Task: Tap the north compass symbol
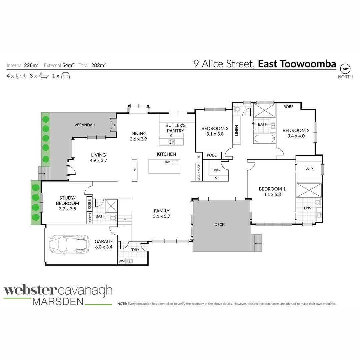pyautogui.click(x=345, y=69)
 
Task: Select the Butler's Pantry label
pyautogui.click(x=175, y=128)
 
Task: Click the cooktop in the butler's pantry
pyautogui.click(x=172, y=142)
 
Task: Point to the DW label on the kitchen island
pyautogui.click(x=167, y=162)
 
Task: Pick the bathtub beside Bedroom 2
pyautogui.click(x=264, y=139)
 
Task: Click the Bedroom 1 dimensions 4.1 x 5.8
pyautogui.click(x=272, y=194)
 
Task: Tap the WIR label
pyautogui.click(x=309, y=169)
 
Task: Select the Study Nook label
pyautogui.click(x=199, y=172)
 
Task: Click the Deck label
pyautogui.click(x=219, y=225)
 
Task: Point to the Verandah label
pyautogui.click(x=85, y=125)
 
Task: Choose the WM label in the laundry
pyautogui.click(x=121, y=261)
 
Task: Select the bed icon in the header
pyautogui.click(x=21, y=76)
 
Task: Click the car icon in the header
pyautogui.click(x=65, y=76)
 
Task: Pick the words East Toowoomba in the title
pyautogui.click(x=297, y=64)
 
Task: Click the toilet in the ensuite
pyautogui.click(x=317, y=202)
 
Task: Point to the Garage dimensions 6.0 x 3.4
pyautogui.click(x=104, y=247)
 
